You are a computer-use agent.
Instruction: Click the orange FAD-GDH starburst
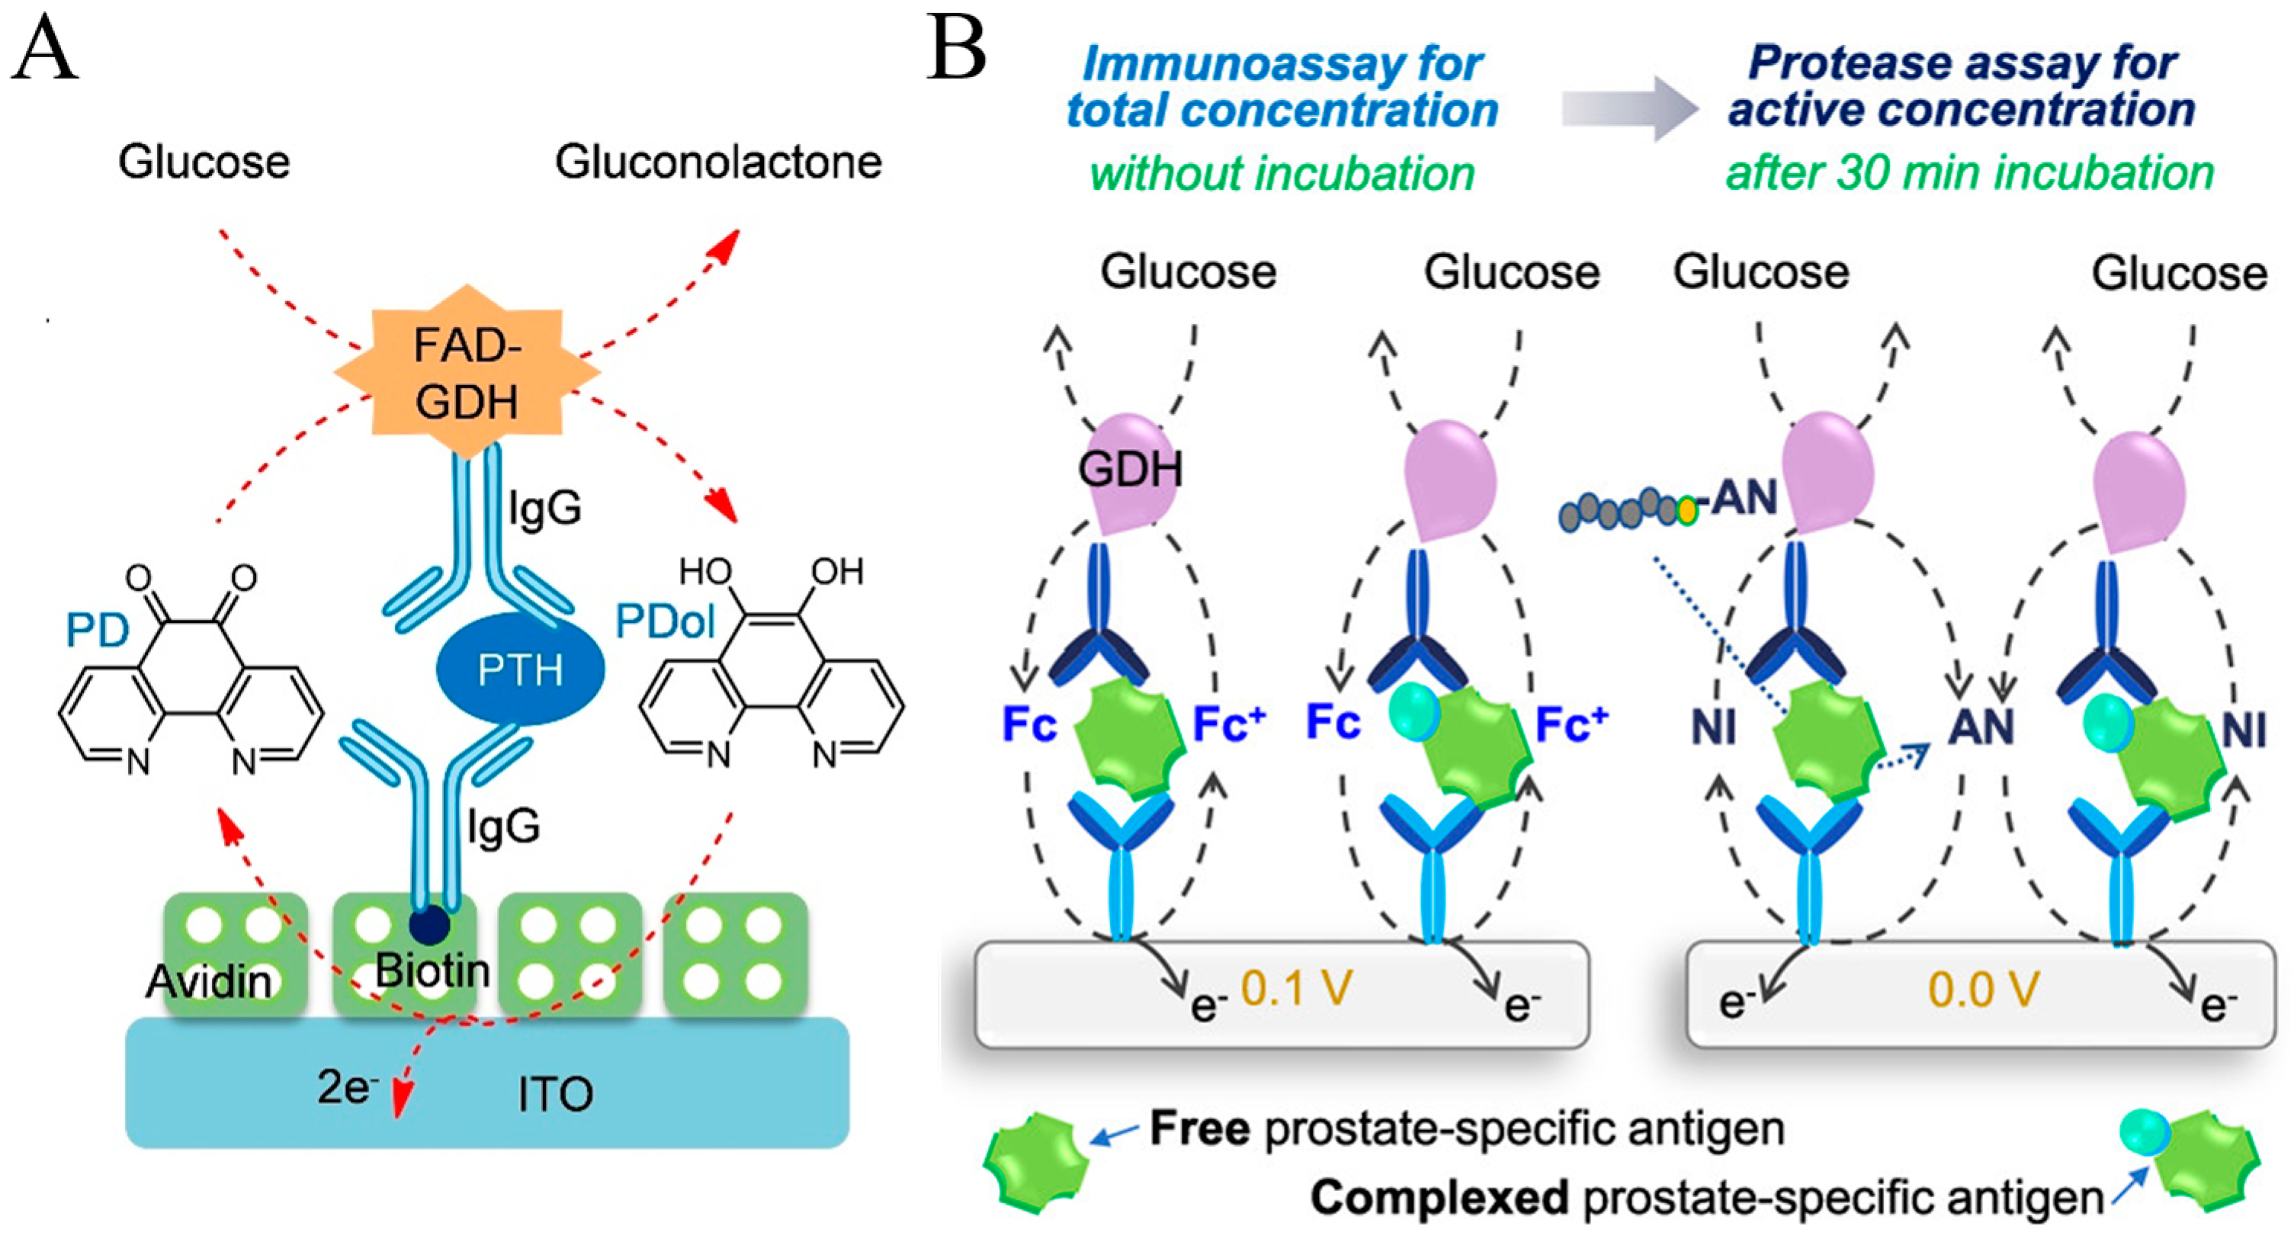pyautogui.click(x=467, y=372)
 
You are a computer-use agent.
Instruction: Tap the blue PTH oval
pyautogui.click(x=520, y=669)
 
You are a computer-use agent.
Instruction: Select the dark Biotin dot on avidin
pyautogui.click(x=428, y=925)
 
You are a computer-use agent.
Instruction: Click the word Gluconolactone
pyautogui.click(x=719, y=162)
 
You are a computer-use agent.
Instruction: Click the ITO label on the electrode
pyautogui.click(x=555, y=1094)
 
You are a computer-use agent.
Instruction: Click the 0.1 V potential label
pyautogui.click(x=1297, y=988)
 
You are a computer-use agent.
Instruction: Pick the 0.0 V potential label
pyautogui.click(x=1983, y=989)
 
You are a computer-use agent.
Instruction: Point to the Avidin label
pyautogui.click(x=209, y=982)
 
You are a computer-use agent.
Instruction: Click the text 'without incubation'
pyautogui.click(x=1282, y=173)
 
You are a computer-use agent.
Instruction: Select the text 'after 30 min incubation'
pyautogui.click(x=1970, y=172)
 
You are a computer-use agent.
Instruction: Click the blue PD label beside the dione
pyautogui.click(x=97, y=631)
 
